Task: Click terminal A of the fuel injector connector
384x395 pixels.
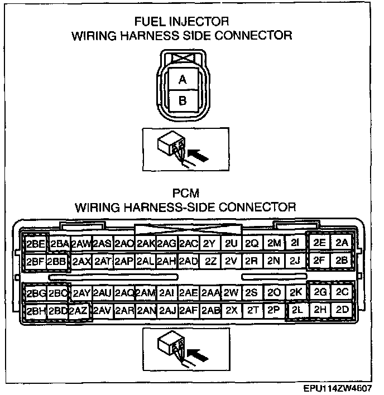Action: (x=182, y=80)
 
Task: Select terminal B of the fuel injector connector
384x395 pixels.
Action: (x=182, y=101)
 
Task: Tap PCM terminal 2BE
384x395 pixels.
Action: (x=36, y=244)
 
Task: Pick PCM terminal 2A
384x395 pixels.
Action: (x=342, y=243)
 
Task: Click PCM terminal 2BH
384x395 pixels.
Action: (x=36, y=310)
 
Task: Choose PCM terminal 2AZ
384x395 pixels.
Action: (x=79, y=310)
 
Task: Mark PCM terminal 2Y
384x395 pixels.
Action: (x=209, y=244)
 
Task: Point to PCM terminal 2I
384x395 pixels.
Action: (x=295, y=243)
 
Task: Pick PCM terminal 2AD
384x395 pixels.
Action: (x=188, y=261)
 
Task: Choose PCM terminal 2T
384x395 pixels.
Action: (x=252, y=310)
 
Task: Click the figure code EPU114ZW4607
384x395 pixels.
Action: (x=339, y=388)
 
